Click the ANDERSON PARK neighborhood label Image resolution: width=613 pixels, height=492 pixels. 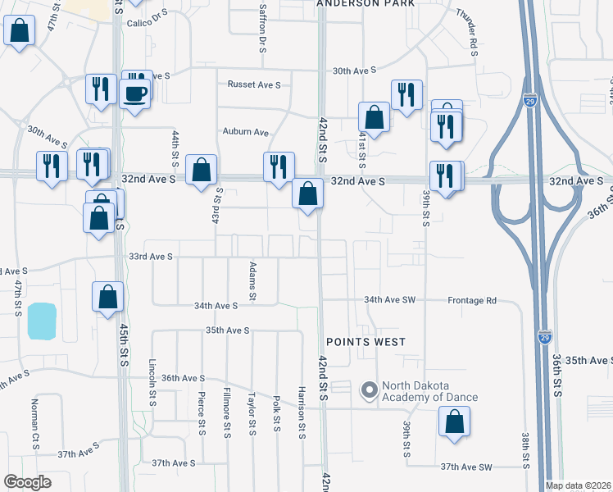click(366, 3)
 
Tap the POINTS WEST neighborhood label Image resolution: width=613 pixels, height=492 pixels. click(361, 341)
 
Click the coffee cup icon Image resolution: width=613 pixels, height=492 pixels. click(136, 93)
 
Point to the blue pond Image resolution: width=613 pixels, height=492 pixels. click(41, 321)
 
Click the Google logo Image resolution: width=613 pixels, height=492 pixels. click(28, 482)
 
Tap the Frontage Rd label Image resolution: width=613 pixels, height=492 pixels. click(472, 301)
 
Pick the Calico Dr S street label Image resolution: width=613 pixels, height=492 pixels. click(147, 23)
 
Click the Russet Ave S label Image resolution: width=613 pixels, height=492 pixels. click(254, 84)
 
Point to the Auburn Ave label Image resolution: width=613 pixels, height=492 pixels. click(246, 131)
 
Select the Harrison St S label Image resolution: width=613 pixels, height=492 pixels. click(302, 408)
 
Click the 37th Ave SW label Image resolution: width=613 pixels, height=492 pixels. click(465, 467)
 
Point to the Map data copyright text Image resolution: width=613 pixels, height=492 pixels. click(579, 485)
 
